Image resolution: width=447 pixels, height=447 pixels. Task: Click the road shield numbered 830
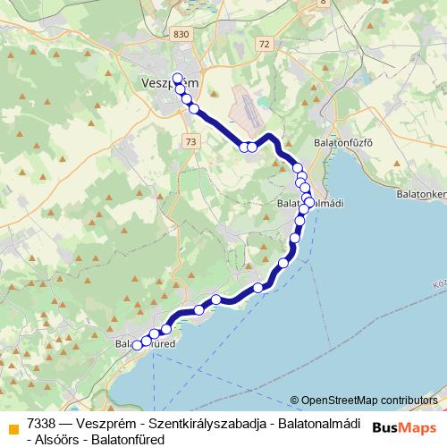(x=183, y=33)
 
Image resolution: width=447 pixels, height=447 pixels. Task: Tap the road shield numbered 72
(x=261, y=43)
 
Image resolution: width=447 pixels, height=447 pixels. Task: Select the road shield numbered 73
(x=190, y=141)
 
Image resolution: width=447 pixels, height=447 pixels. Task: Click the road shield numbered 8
(x=322, y=3)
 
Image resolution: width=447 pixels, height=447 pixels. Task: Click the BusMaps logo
(x=403, y=426)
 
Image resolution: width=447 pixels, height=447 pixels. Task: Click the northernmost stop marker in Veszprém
(x=177, y=78)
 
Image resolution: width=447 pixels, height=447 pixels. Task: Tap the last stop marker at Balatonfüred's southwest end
(x=138, y=345)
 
